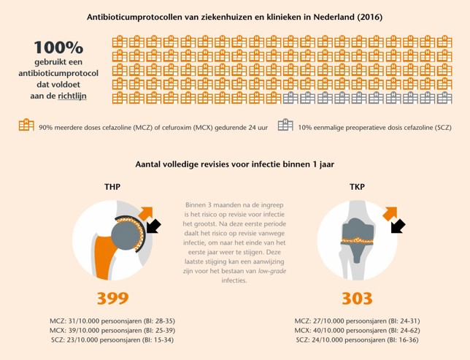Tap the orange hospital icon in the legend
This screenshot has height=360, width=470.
26,126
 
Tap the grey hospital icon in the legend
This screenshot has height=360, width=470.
285,126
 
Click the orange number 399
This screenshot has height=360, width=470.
112,298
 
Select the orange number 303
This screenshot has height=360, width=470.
357,298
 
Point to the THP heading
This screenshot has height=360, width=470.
112,188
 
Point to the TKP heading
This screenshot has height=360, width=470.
357,188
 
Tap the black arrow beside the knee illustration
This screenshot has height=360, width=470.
397,228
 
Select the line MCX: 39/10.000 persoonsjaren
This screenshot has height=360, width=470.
112,330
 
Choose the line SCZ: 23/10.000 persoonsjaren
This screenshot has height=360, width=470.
112,340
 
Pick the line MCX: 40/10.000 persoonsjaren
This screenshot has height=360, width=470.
357,330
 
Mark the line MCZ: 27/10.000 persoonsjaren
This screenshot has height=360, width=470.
357,321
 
